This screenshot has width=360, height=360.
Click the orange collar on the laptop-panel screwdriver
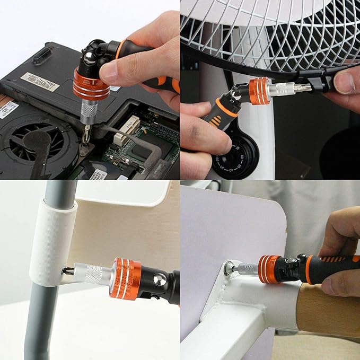91,85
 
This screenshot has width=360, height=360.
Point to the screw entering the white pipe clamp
66,271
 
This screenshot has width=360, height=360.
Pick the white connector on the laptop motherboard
127,129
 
